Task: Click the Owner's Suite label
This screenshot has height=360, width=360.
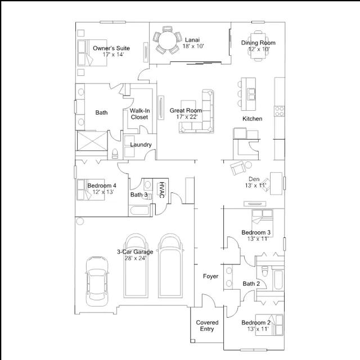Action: pos(111,48)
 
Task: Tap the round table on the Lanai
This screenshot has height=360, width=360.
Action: pos(168,40)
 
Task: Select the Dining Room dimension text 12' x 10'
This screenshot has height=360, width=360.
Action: pos(259,49)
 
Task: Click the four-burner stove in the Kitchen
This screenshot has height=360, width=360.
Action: pos(280,111)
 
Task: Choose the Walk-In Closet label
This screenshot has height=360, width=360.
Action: pos(139,114)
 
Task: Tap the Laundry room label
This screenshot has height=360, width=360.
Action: pos(141,145)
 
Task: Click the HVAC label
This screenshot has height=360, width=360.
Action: pos(162,190)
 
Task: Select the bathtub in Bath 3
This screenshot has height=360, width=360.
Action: pos(139,211)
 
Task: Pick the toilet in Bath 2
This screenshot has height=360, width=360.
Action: pos(265,271)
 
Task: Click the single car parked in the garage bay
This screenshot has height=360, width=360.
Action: pos(97,282)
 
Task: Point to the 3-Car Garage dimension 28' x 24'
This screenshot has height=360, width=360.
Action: pos(136,258)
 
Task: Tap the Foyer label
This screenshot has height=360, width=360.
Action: pos(210,276)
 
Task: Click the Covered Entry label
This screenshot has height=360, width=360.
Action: pos(207,326)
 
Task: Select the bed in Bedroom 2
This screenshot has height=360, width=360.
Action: pos(269,325)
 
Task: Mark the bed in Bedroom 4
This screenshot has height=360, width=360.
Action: pos(91,190)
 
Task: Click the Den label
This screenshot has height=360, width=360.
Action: pos(254,179)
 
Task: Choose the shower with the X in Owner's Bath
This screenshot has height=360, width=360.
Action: pos(92,141)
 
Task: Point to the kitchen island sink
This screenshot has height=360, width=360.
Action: pos(251,94)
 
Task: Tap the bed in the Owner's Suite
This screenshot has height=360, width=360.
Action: pos(92,53)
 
